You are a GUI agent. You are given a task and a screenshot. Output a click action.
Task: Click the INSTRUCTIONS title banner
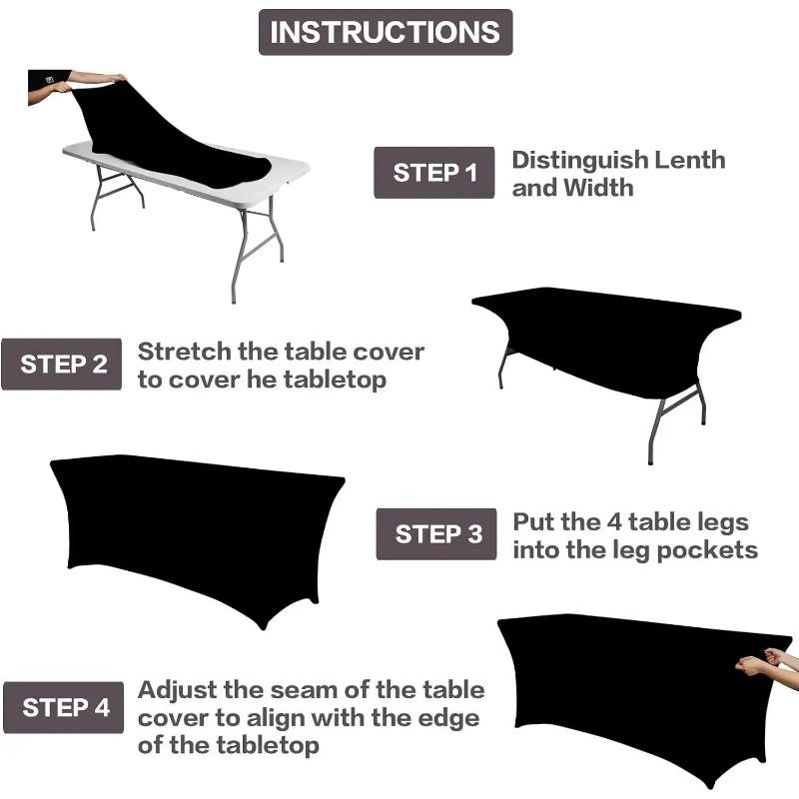(x=385, y=32)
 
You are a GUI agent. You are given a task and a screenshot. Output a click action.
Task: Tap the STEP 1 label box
(x=433, y=173)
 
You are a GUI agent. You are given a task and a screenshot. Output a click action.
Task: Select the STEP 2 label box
(x=62, y=364)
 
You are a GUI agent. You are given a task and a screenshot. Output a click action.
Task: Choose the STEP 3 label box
(x=436, y=534)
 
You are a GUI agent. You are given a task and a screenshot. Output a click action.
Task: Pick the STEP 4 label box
(x=63, y=708)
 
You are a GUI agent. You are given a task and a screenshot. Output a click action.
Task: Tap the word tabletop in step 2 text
(x=333, y=380)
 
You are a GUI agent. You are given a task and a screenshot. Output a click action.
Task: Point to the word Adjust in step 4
(x=174, y=690)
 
